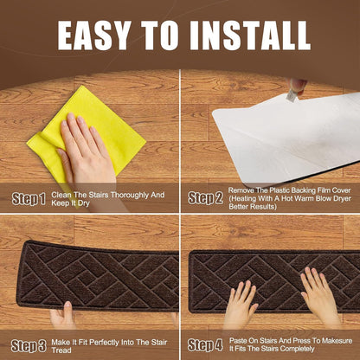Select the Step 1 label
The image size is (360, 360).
(29, 199)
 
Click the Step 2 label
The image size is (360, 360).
(205, 198)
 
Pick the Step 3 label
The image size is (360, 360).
(29, 346)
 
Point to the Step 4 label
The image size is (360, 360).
(205, 345)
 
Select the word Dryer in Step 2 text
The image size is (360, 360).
(341, 199)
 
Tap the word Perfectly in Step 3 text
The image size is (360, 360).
(105, 343)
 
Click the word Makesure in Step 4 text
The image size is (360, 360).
(337, 341)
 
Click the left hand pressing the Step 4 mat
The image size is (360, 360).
(240, 305)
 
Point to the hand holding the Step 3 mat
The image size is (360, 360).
(63, 316)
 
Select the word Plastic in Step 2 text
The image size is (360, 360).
(280, 190)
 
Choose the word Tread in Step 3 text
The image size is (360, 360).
(61, 350)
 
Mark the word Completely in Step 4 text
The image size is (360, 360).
(297, 349)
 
